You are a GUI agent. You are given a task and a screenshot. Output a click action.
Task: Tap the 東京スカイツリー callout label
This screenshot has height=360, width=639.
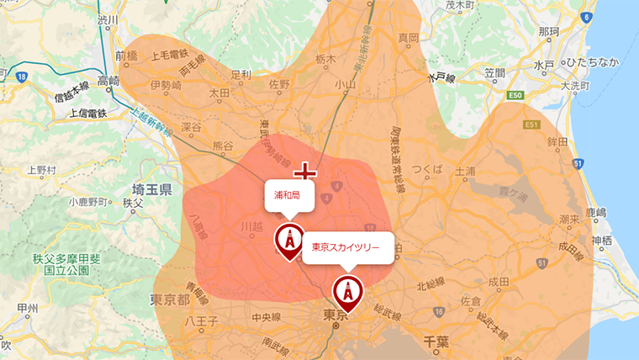pyautogui.click(x=346, y=247)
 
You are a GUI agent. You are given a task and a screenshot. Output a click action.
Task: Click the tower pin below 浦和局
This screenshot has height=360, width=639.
pyautogui.click(x=290, y=241)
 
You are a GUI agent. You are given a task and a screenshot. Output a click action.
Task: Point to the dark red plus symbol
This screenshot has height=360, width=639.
pyautogui.click(x=304, y=173)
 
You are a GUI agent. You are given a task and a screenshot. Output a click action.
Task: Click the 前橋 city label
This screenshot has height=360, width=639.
pyautogui.click(x=126, y=56)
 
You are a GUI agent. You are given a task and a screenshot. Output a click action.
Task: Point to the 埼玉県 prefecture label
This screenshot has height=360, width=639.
pyautogui.click(x=152, y=189)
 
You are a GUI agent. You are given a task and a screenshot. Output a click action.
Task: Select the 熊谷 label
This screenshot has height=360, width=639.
pyautogui.click(x=224, y=146)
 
